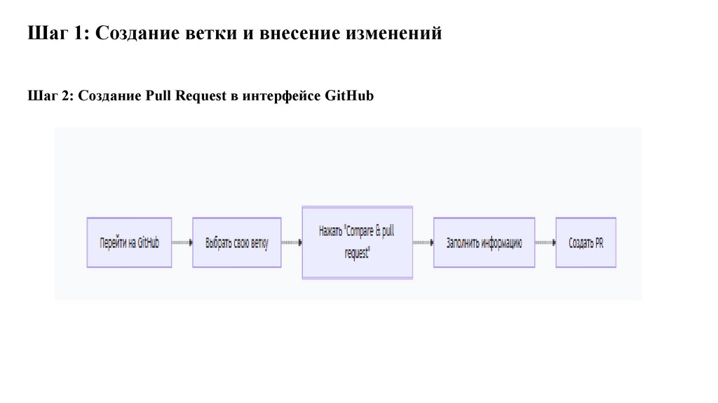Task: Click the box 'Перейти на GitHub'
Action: click(x=129, y=243)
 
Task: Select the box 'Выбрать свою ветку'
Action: click(x=237, y=243)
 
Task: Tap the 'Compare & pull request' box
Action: click(x=357, y=242)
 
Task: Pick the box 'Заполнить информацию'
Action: click(x=484, y=243)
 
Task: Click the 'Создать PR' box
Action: click(x=585, y=243)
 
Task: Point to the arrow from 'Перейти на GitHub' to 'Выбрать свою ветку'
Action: click(x=182, y=243)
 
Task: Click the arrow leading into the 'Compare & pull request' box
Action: click(x=292, y=243)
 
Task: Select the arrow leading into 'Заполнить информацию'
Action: click(x=424, y=243)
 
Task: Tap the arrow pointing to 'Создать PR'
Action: click(x=546, y=243)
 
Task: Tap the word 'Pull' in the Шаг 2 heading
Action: click(x=160, y=96)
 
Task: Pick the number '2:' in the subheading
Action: click(x=67, y=96)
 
